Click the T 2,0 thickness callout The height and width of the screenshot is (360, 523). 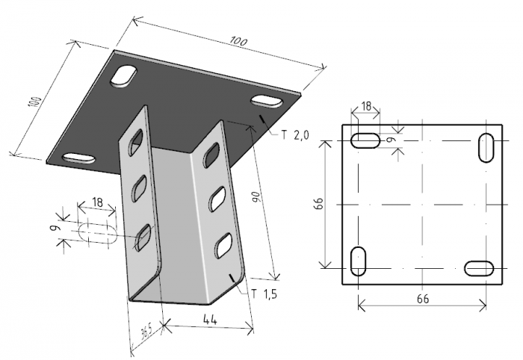296,135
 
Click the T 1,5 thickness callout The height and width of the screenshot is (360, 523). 264,294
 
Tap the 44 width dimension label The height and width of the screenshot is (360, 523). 210,320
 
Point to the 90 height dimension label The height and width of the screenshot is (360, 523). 256,197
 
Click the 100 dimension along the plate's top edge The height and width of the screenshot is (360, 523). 238,42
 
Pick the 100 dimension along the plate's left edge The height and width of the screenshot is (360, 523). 34,102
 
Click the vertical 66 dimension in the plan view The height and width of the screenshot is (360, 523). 319,203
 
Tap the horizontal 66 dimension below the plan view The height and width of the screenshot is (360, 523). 423,299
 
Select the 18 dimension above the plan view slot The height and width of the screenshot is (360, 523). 366,106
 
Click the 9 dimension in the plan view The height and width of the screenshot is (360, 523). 392,140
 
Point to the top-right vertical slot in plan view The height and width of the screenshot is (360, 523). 486,148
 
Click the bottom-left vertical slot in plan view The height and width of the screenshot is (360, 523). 358,261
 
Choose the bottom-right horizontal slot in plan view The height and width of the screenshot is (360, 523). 479,268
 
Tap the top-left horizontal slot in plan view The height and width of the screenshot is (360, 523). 365,140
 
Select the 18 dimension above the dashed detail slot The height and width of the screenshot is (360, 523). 97,202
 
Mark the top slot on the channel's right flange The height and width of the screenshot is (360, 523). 211,155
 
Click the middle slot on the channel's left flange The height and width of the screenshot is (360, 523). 140,187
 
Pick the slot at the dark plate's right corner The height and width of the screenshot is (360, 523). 266,102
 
